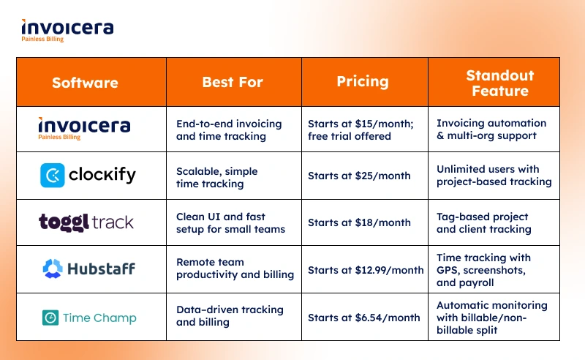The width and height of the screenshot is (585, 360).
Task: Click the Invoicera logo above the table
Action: point(67,31)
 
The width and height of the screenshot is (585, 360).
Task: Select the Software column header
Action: point(85,83)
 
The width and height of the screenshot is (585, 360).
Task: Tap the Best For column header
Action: point(233,82)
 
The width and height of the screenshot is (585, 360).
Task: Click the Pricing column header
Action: point(363,82)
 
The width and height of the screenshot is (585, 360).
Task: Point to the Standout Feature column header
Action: point(500,83)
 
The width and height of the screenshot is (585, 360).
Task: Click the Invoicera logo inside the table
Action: point(84,129)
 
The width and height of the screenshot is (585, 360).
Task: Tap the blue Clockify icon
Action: point(52,175)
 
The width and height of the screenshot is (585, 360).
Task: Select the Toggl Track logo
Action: point(86,222)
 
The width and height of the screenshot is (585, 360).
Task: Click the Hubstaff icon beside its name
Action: point(53,269)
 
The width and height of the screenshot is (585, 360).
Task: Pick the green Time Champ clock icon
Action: point(50,318)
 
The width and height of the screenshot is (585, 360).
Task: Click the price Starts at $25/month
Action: point(359,176)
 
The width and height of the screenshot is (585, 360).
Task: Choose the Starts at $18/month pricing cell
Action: point(359,222)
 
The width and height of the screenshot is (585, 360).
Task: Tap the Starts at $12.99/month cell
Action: point(366,270)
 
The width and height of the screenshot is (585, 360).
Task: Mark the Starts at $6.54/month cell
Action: point(363,318)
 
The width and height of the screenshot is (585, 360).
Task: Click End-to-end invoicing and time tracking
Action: point(229,130)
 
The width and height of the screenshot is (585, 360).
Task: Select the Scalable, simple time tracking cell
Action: point(216,177)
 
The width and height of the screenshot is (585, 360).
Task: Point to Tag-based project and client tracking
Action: point(484,223)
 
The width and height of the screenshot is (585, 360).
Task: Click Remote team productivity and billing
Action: point(235,268)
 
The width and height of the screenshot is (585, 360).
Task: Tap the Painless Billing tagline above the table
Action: point(42,40)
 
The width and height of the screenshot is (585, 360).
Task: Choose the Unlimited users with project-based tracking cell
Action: point(494,175)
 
